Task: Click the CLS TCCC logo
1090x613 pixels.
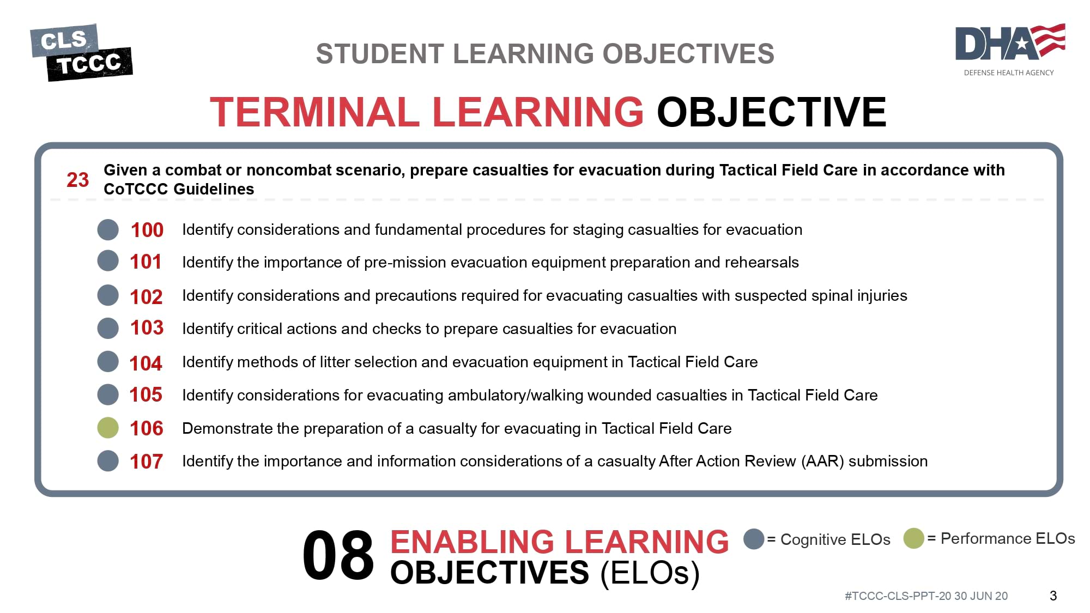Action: (x=81, y=52)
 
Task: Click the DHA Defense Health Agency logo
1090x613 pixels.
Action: (x=1010, y=50)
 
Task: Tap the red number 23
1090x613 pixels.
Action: (x=77, y=180)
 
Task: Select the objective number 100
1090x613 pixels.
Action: (x=147, y=230)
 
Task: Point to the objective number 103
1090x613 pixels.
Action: (x=147, y=327)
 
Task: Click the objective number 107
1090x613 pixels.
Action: (x=146, y=462)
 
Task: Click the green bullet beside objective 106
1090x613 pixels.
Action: (x=108, y=428)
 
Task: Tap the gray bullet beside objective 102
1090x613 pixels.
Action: (x=108, y=295)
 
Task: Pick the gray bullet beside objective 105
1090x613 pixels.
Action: (x=108, y=394)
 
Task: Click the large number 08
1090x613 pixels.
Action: (x=338, y=555)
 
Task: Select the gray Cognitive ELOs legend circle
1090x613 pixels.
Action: (x=754, y=539)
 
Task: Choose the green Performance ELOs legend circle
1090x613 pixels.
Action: (x=913, y=538)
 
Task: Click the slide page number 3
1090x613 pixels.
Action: (x=1053, y=596)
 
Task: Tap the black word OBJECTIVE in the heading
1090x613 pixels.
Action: (x=772, y=112)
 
